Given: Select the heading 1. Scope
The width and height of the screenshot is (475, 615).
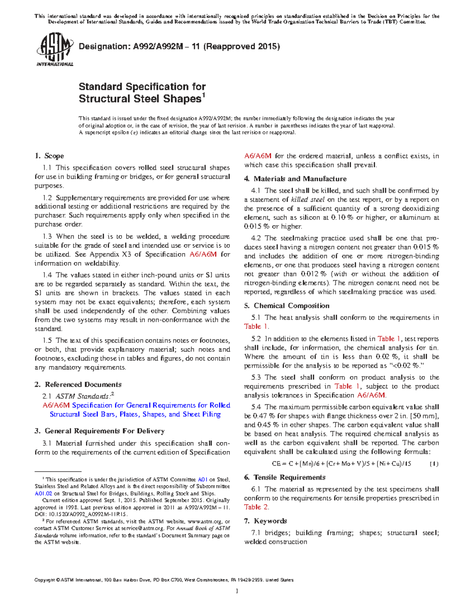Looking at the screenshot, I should point(49,156).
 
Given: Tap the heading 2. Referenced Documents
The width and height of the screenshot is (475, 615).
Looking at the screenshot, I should point(78,385).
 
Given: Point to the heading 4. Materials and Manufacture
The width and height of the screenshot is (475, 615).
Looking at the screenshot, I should point(295,179).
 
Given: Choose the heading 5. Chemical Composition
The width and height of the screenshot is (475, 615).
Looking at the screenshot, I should point(287,306).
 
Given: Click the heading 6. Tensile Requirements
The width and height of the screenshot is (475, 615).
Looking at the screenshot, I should point(285,477).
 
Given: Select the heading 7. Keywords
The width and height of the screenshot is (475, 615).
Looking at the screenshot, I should point(265,521).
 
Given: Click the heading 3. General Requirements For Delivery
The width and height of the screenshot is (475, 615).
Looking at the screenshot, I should point(99,431).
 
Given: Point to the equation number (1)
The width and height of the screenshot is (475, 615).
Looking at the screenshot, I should point(434,464).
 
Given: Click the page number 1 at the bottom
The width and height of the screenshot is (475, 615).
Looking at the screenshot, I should point(237,591).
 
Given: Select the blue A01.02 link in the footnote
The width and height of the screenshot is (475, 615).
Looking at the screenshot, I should point(44,493).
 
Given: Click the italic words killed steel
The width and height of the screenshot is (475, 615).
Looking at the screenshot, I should point(308,200).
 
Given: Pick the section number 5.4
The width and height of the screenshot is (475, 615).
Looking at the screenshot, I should point(256,407).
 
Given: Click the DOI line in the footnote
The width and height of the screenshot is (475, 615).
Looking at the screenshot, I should point(81,514).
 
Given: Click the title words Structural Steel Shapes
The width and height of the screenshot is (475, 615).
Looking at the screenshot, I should point(140,99).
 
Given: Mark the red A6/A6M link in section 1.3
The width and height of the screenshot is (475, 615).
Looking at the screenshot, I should point(203,254).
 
